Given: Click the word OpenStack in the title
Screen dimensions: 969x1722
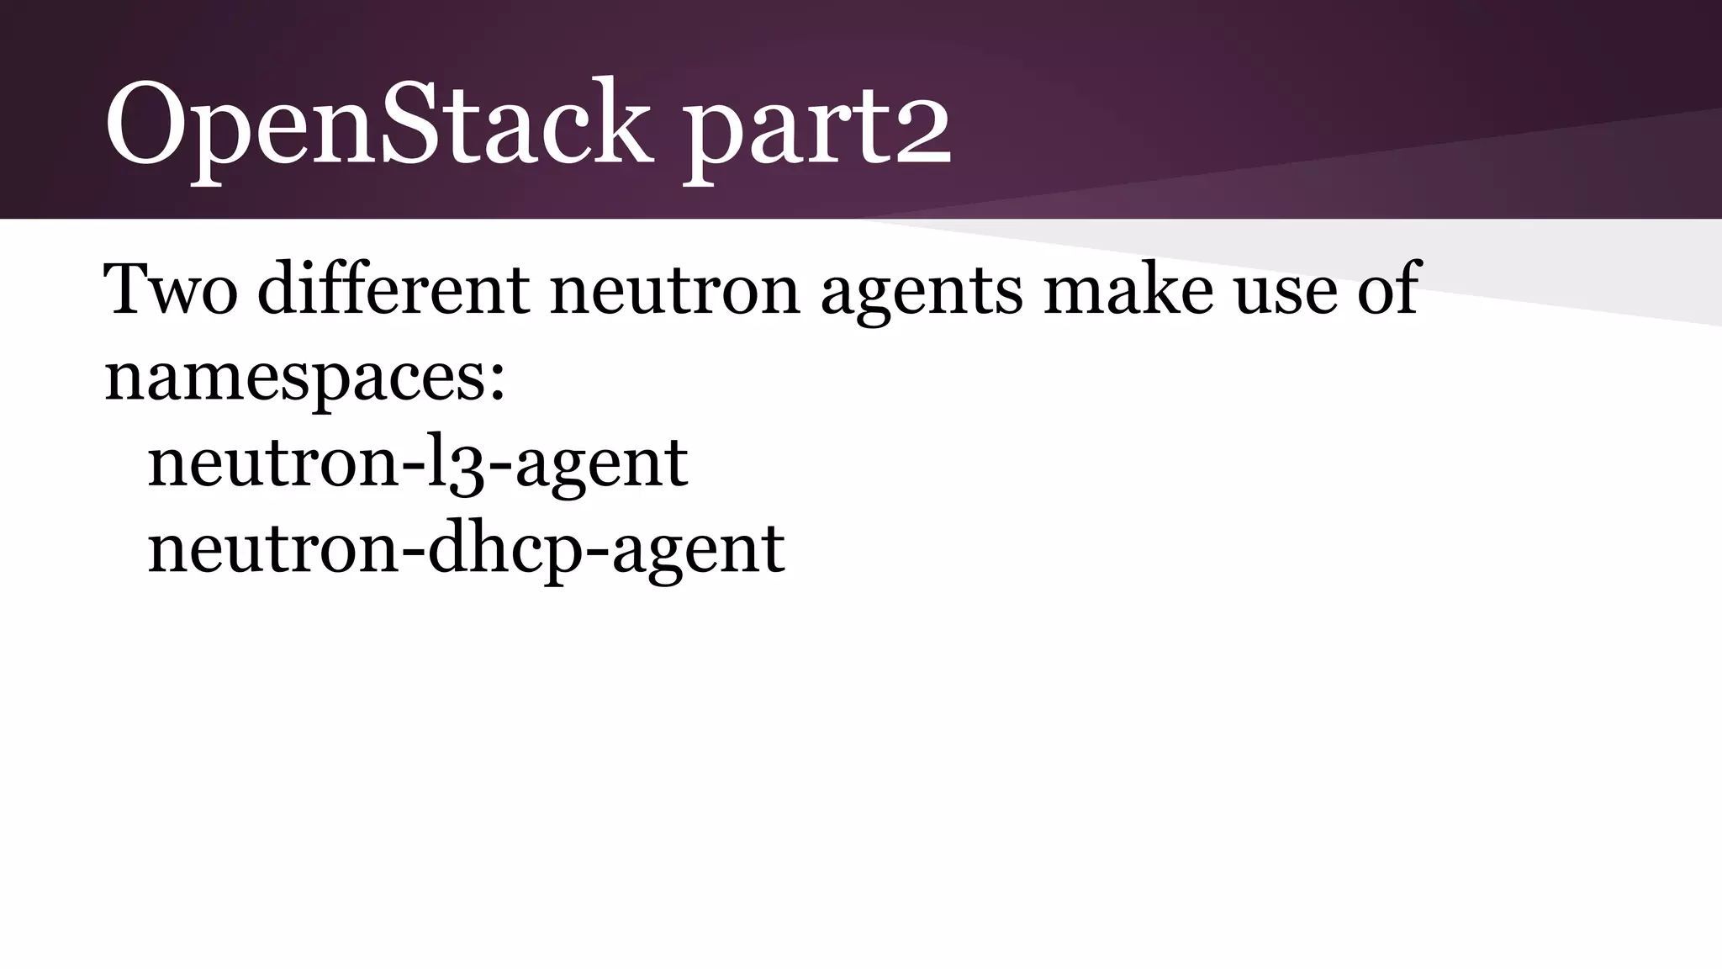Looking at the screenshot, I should pyautogui.click(x=378, y=124).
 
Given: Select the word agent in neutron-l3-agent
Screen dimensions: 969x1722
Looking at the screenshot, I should pyautogui.click(x=602, y=466).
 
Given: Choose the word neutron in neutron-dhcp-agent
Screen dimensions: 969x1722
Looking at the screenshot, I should pyautogui.click(x=272, y=551).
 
